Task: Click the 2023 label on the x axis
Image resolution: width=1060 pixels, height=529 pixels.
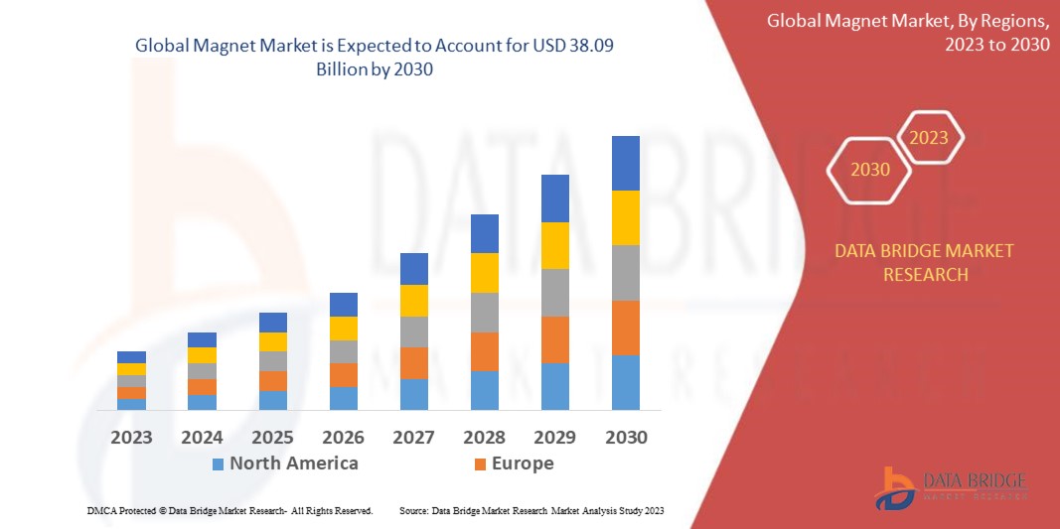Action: pyautogui.click(x=131, y=438)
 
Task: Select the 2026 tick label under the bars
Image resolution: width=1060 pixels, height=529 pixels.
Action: pyautogui.click(x=343, y=438)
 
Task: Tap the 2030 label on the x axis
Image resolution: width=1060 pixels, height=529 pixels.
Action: pyautogui.click(x=626, y=438)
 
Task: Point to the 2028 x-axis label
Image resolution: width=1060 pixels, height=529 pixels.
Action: pyautogui.click(x=484, y=438)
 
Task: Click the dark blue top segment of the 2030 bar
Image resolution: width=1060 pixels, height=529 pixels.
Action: pyautogui.click(x=625, y=163)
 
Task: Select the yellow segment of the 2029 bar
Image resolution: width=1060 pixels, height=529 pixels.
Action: pyautogui.click(x=554, y=245)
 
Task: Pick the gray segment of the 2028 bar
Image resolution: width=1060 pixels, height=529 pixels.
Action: pyautogui.click(x=484, y=313)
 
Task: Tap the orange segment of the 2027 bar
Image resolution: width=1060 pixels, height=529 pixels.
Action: pyautogui.click(x=413, y=363)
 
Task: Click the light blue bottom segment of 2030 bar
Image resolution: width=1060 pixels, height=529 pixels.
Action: pyautogui.click(x=625, y=382)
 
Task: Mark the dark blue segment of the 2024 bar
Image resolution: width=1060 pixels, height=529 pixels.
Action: pyautogui.click(x=202, y=339)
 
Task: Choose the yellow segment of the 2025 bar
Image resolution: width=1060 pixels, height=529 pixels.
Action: pyautogui.click(x=272, y=341)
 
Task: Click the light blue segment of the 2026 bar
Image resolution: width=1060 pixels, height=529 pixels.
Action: pyautogui.click(x=343, y=398)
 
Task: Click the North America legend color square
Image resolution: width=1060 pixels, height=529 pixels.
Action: pyautogui.click(x=218, y=463)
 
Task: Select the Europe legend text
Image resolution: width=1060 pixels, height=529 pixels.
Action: pyautogui.click(x=522, y=463)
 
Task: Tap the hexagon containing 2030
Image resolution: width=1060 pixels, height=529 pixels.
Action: pyautogui.click(x=870, y=170)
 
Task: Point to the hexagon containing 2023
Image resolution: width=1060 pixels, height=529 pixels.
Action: pyautogui.click(x=929, y=138)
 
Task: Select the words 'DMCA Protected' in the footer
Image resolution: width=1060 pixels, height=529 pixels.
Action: pyautogui.click(x=114, y=510)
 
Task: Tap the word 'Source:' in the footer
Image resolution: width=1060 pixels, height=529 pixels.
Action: pyautogui.click(x=413, y=510)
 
